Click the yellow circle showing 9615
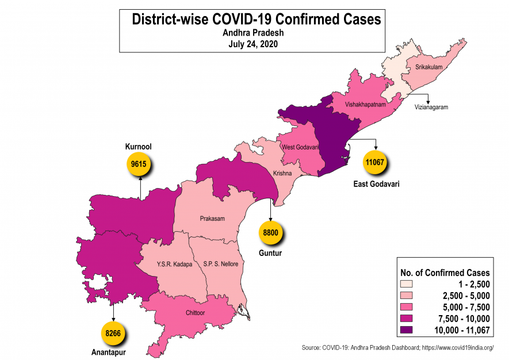[x=139, y=164]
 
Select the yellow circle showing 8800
[x=270, y=233]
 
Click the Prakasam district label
[x=212, y=219]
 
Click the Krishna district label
[x=282, y=173]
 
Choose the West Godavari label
[x=300, y=147]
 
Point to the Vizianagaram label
[x=431, y=107]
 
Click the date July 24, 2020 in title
[x=253, y=44]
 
